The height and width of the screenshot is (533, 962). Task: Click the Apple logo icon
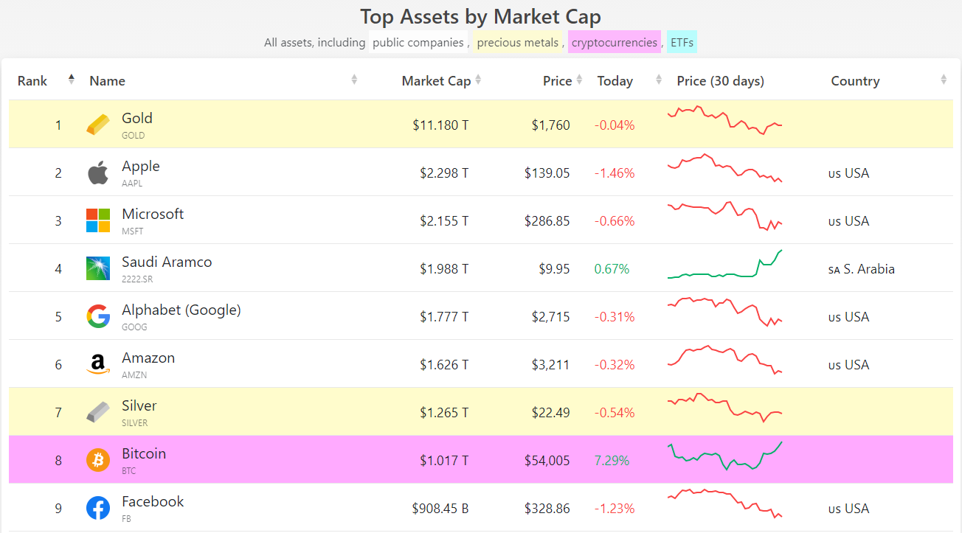coord(98,173)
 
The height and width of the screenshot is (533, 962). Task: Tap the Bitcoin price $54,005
coord(547,461)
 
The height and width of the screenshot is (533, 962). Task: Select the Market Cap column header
coord(436,81)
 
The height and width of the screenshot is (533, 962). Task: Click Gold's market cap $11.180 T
coord(440,125)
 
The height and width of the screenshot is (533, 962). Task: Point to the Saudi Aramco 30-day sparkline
coord(724,265)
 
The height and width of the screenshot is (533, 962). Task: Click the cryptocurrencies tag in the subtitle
coord(615,43)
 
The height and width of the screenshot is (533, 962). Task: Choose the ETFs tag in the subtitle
coord(682,43)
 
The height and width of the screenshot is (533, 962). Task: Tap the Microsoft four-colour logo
coord(98,220)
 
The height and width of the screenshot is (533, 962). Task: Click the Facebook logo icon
coord(98,508)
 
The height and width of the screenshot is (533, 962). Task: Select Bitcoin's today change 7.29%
coord(612,461)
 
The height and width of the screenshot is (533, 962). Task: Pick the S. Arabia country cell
coord(861,269)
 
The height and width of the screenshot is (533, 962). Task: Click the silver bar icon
coord(98,412)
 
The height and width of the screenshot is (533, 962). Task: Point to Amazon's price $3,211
coord(550,365)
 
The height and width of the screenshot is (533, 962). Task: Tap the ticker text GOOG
coord(134,327)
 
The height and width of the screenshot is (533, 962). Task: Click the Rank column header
coord(32,81)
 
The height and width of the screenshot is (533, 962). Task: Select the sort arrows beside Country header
coord(944,80)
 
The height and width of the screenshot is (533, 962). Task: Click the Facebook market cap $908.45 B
coord(440,509)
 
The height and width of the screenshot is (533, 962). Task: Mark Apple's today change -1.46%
coord(615,173)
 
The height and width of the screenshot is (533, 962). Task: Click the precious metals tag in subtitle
coord(518,43)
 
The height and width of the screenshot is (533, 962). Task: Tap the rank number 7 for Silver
coord(58,413)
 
